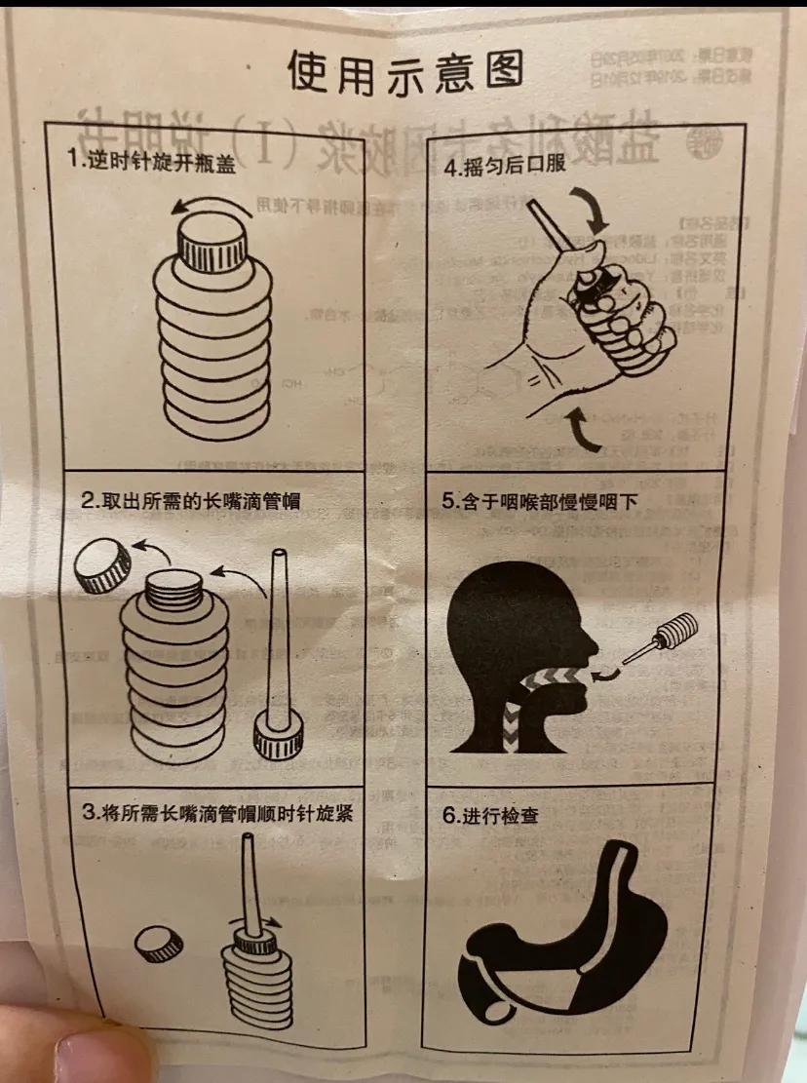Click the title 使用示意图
[x=403, y=70]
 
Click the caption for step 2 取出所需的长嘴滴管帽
[x=190, y=501]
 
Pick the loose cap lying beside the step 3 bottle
[x=159, y=944]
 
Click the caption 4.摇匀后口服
[x=504, y=165]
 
